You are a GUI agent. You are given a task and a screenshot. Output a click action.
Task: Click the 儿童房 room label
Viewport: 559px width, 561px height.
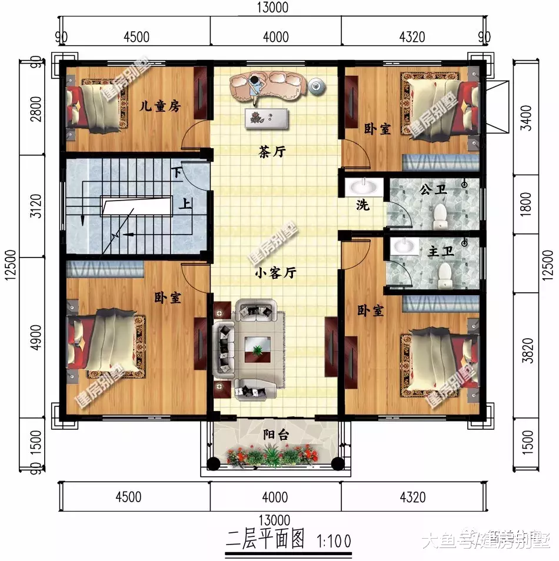pos(159,106)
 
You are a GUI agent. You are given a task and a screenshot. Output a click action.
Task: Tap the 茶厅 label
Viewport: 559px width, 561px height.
pos(272,152)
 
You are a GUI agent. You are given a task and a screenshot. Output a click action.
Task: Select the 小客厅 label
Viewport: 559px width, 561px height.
pos(275,273)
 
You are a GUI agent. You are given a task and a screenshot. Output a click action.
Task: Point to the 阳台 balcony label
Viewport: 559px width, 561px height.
pos(275,435)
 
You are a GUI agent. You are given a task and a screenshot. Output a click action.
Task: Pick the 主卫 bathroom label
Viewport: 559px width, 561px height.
pos(441,252)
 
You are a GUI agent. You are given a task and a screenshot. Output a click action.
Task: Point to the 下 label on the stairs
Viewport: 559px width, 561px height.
pos(177,172)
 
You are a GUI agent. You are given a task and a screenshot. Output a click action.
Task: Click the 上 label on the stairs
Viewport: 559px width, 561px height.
pos(184,205)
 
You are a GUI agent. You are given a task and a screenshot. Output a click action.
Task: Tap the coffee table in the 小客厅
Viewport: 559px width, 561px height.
pos(258,349)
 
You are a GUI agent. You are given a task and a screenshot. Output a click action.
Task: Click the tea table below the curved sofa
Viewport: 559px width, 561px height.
pos(268,117)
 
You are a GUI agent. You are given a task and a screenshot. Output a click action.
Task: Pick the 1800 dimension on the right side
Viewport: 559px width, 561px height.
pos(527,203)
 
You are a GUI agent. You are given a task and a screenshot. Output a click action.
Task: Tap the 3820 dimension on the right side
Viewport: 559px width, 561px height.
pos(527,350)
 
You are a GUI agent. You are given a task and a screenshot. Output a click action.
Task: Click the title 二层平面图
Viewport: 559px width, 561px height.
pos(265,539)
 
